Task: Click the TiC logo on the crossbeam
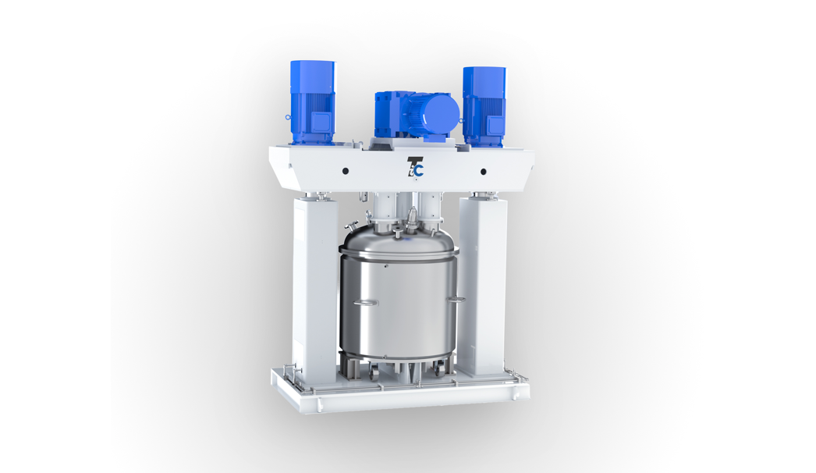coord(415,167)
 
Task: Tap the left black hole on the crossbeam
coord(345,171)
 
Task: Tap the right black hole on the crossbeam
coord(484,172)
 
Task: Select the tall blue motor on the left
coord(312,102)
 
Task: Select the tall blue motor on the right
coord(484,107)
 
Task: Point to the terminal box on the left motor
coord(320,123)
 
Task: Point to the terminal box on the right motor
coord(495,125)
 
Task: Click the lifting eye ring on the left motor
coord(288,119)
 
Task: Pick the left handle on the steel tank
coord(366,302)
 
